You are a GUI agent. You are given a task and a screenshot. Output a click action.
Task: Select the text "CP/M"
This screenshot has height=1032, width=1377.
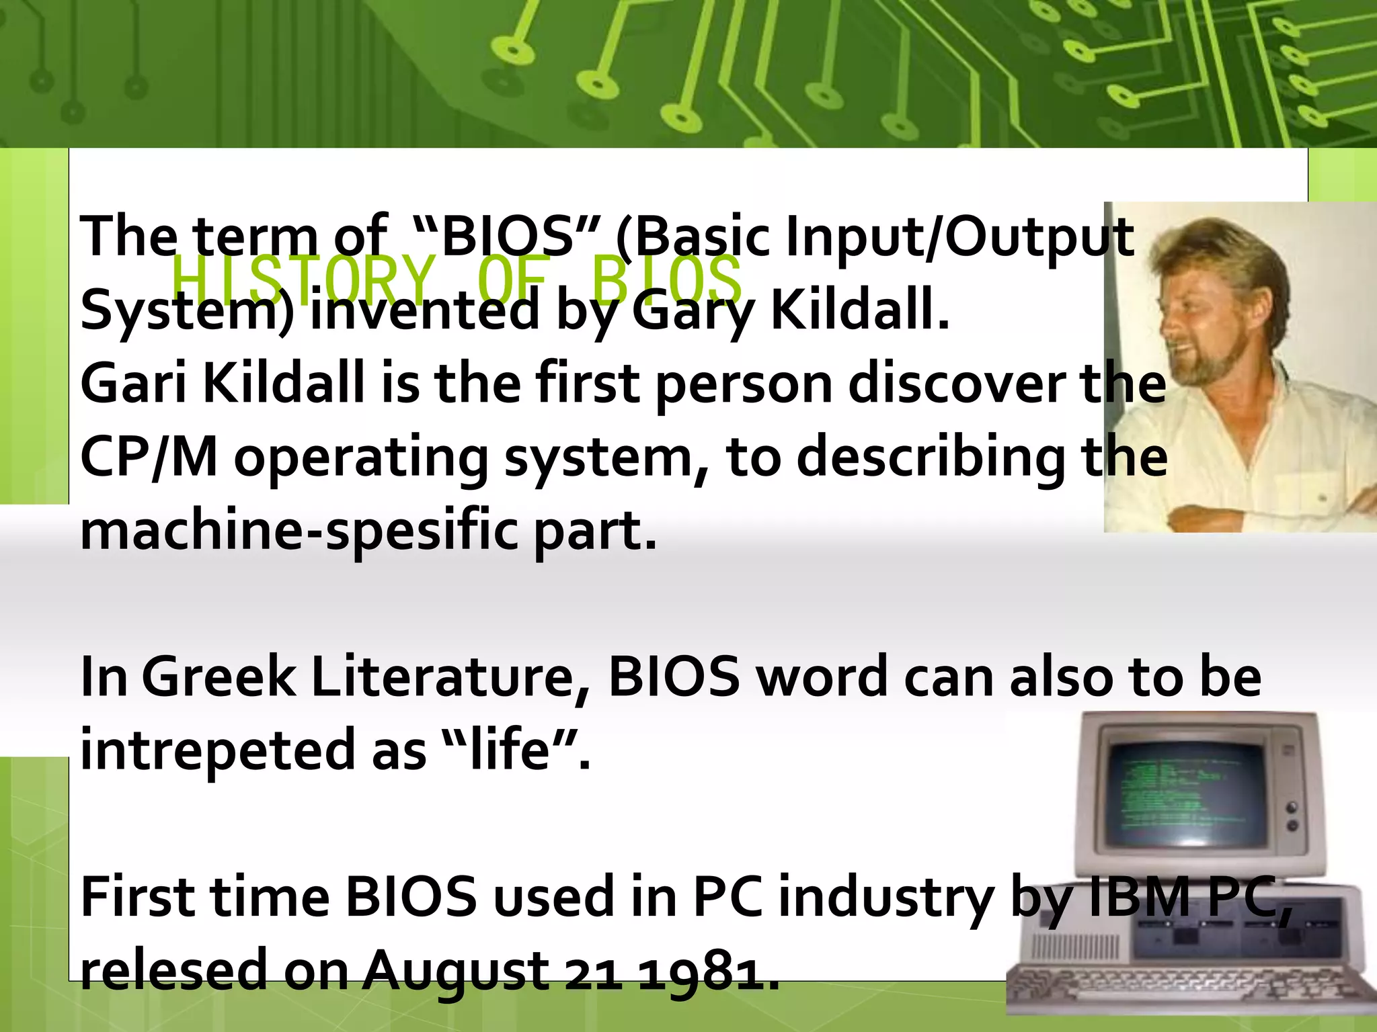pos(149,458)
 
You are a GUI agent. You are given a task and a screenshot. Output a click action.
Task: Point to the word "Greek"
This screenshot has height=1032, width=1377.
pos(219,677)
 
